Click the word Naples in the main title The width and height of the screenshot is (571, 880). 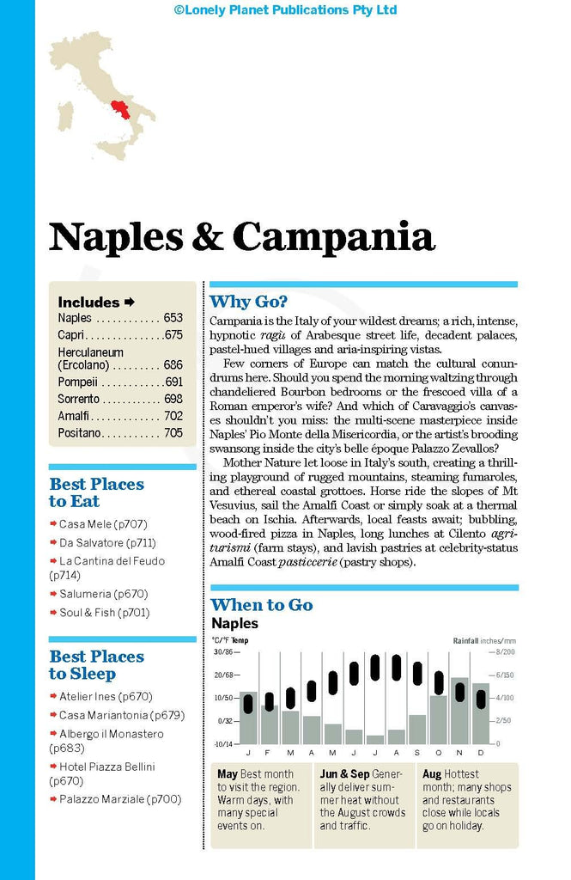coord(114,236)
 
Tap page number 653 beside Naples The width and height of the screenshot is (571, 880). coord(173,318)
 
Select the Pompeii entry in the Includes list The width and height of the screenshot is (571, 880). coord(78,381)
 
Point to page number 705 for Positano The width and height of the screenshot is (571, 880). coord(173,432)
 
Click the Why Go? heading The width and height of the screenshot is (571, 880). coord(249,302)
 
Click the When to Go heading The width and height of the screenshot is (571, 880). coord(262,605)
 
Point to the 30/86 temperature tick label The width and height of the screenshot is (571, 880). coord(223,651)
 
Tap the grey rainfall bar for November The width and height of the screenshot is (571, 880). coord(459,712)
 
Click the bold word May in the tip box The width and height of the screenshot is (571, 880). coord(228,774)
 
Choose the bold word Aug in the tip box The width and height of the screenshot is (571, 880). coord(432,774)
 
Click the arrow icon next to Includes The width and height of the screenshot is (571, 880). coord(130,302)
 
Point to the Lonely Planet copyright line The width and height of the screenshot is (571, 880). coord(285,10)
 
